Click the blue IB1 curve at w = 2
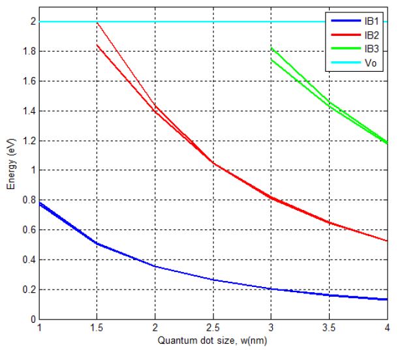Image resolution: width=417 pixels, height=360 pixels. [x=156, y=266]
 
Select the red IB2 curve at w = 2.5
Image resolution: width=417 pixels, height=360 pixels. [x=214, y=163]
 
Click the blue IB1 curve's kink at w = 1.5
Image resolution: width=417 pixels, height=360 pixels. [x=98, y=243]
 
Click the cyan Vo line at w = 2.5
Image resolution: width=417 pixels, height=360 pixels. [x=214, y=22]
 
